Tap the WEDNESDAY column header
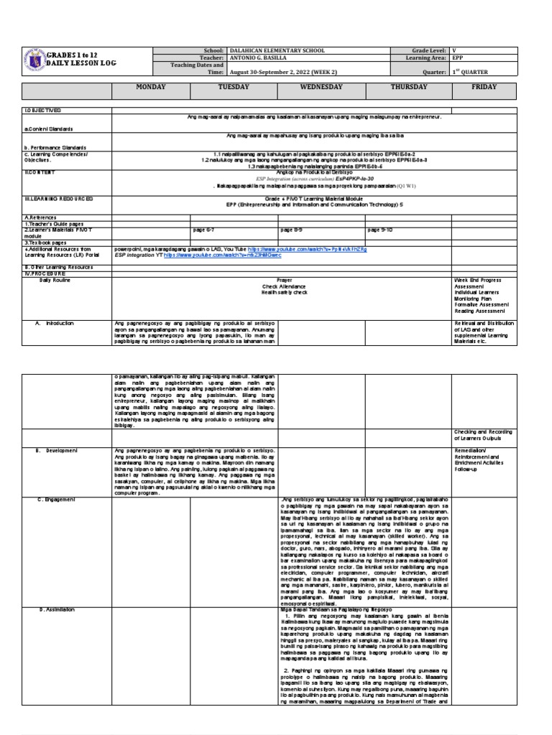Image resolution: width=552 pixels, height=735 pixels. (322, 87)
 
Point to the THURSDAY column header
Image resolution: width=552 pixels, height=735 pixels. (408, 87)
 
